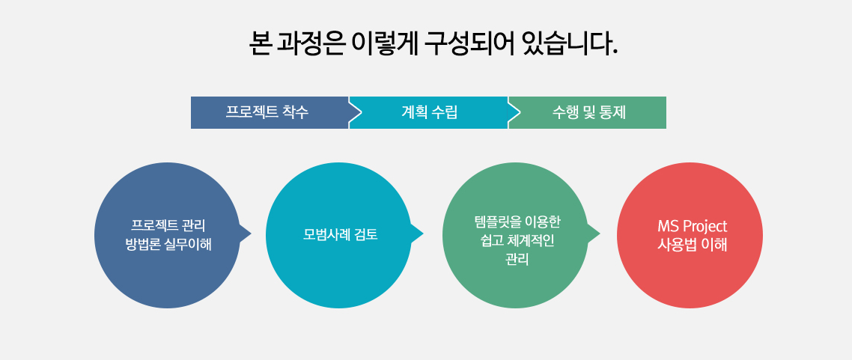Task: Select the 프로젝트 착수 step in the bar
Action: tap(270, 112)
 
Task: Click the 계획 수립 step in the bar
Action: tap(429, 112)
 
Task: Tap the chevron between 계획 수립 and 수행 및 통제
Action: tap(514, 112)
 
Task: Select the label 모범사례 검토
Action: tap(340, 236)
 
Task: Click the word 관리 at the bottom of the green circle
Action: tap(517, 260)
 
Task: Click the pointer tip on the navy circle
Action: tap(251, 234)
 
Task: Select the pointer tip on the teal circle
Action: tap(423, 234)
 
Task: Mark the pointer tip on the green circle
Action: tap(600, 234)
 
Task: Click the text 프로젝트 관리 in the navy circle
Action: tap(168, 226)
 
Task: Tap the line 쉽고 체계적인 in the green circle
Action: tap(517, 240)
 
